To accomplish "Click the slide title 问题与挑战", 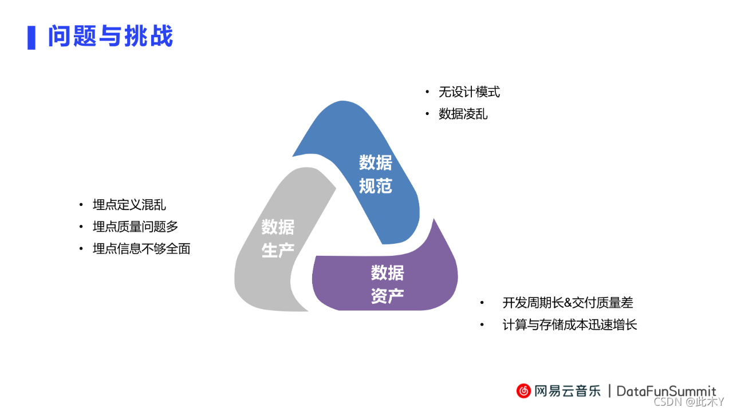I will (111, 37).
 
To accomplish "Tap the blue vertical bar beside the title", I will (31, 37).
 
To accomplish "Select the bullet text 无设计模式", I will (469, 92).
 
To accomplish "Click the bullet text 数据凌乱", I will (463, 114).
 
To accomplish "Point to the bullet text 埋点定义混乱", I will (129, 205).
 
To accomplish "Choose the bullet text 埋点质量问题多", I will (136, 227).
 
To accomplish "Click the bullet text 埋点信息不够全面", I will (141, 249).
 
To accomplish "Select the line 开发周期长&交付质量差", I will (568, 303).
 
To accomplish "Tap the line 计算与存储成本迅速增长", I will (570, 325).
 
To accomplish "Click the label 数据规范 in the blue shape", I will (376, 174).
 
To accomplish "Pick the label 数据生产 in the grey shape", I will (278, 239).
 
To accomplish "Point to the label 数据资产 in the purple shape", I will (387, 284).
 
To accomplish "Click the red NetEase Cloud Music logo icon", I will (524, 391).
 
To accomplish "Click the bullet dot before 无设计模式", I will (427, 92).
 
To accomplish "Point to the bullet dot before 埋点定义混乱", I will (81, 205).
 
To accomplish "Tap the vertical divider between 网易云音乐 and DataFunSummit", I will (609, 391).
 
